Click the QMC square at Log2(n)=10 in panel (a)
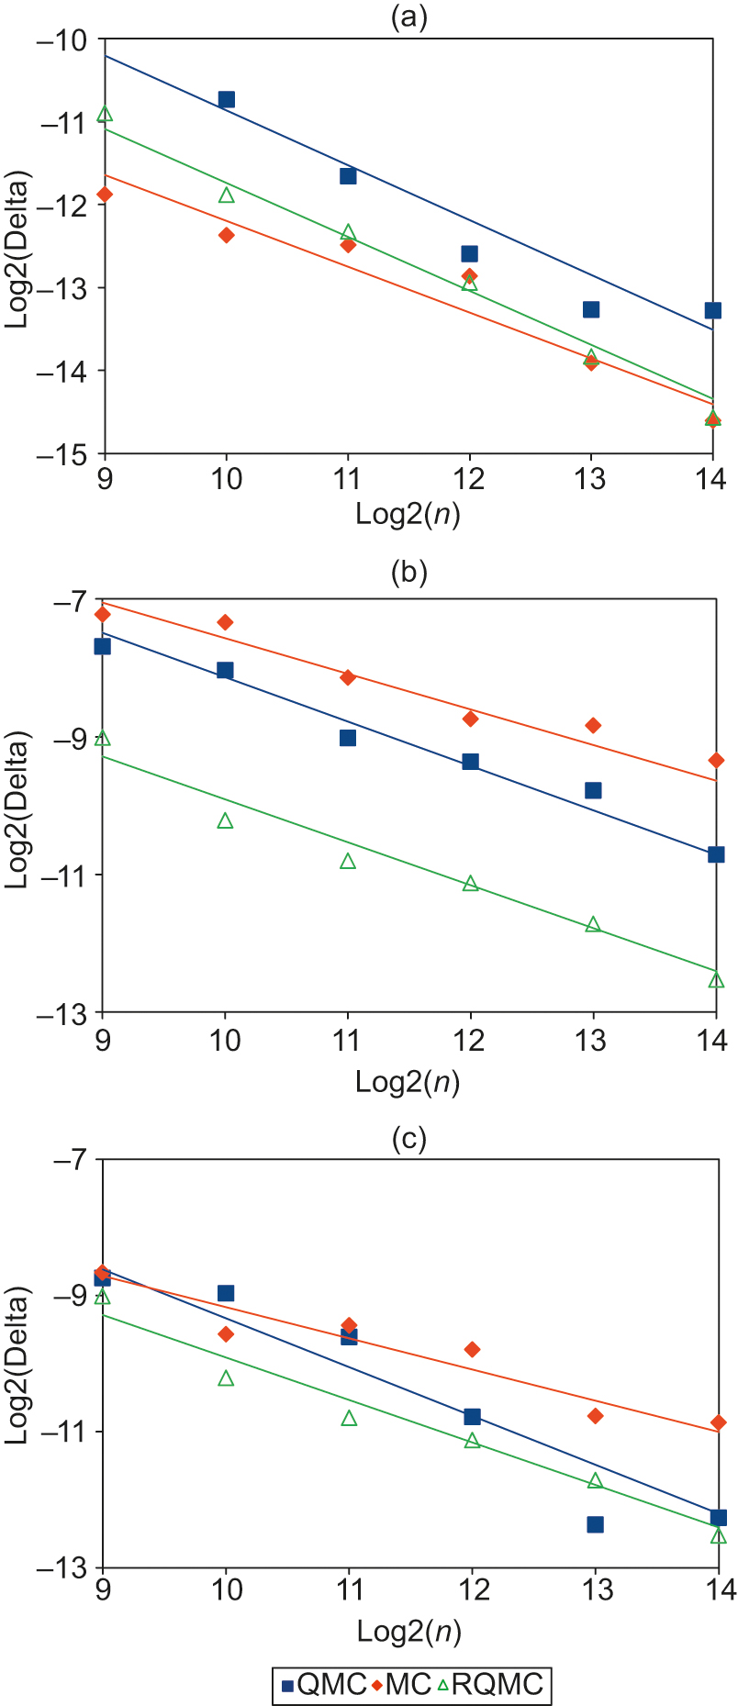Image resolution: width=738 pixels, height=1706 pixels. [226, 99]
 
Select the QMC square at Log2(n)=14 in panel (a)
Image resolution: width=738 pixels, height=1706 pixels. [713, 310]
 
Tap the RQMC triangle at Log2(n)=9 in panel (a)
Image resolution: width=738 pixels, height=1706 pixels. [105, 114]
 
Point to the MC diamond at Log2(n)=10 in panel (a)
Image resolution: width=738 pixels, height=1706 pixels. [226, 235]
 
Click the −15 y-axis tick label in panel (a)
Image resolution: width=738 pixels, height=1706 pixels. [62, 454]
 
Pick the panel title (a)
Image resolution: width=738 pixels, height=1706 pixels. [408, 17]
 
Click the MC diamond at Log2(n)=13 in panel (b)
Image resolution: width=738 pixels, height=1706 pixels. [593, 725]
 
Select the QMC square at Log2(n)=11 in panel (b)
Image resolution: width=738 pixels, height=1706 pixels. [348, 738]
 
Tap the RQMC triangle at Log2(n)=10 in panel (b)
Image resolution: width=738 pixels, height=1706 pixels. [225, 820]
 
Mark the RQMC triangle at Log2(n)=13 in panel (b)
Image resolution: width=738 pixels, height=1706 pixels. [593, 924]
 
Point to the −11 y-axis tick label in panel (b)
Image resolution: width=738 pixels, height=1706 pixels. [62, 875]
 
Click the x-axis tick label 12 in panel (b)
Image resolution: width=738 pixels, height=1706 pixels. [470, 1040]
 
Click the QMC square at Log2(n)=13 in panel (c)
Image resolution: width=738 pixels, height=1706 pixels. [595, 1524]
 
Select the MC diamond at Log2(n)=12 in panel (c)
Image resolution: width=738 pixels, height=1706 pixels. [472, 1349]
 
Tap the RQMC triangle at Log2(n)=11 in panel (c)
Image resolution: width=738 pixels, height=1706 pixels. [349, 1418]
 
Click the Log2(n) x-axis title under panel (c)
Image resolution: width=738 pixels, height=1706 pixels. [408, 1632]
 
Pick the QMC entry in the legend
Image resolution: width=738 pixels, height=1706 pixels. [324, 1684]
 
